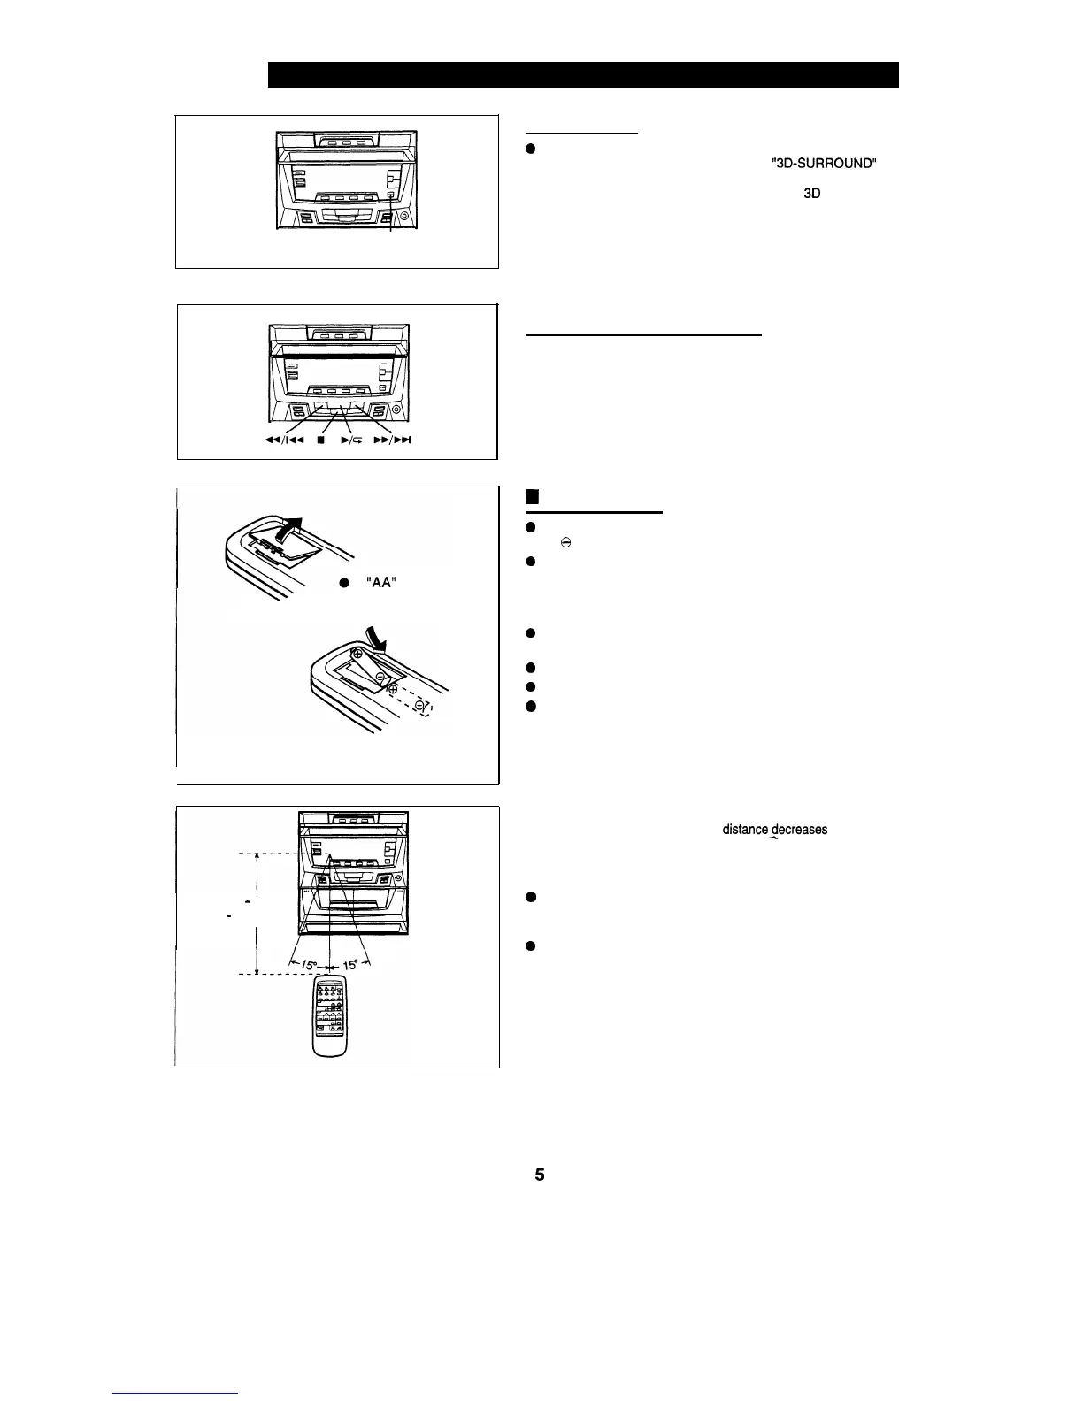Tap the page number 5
click(539, 1175)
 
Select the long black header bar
click(583, 74)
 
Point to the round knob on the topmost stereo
click(404, 217)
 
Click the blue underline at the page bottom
click(176, 1394)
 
